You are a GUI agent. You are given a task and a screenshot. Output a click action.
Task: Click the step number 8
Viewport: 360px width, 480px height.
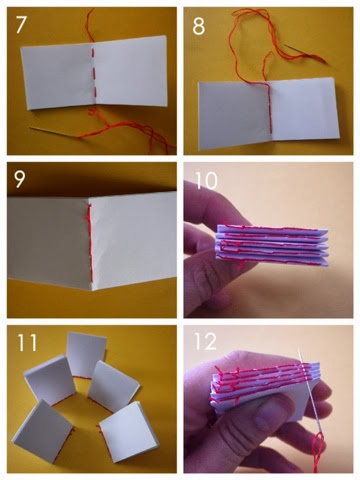(x=199, y=26)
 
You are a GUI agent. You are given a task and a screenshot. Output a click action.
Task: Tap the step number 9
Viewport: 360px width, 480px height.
(x=19, y=179)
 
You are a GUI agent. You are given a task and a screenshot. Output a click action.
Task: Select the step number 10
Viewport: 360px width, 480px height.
(x=206, y=181)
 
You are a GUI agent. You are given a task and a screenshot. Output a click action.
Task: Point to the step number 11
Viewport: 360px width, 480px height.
(x=27, y=342)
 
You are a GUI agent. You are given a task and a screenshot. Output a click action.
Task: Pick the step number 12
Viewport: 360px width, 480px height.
(x=205, y=341)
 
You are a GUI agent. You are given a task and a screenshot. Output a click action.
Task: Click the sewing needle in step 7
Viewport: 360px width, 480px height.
(x=54, y=132)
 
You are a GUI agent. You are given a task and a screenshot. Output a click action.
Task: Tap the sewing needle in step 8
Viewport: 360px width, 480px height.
(x=306, y=53)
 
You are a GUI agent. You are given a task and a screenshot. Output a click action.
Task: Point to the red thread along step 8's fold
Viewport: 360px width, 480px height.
(x=269, y=107)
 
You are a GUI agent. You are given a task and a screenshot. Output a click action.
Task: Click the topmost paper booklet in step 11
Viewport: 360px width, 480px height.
(x=86, y=355)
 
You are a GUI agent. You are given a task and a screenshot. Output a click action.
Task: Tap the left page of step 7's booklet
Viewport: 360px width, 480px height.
(x=57, y=78)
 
